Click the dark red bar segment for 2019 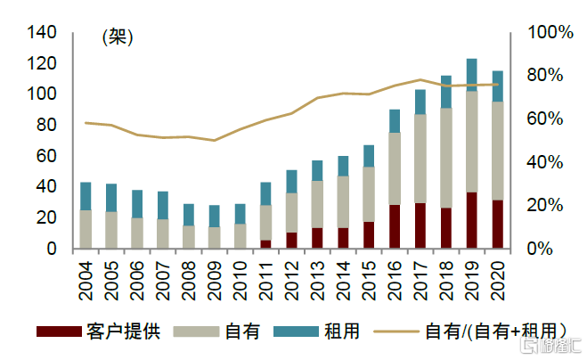click(471, 220)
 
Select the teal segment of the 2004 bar click(86, 196)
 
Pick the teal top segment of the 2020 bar click(497, 86)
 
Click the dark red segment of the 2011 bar click(265, 243)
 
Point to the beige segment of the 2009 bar click(215, 237)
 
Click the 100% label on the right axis click(550, 33)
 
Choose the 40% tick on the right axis click(545, 162)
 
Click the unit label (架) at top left click(117, 37)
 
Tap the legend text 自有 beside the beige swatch click(241, 331)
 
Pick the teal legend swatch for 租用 click(296, 331)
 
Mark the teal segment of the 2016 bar click(394, 121)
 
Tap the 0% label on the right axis click(538, 249)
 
